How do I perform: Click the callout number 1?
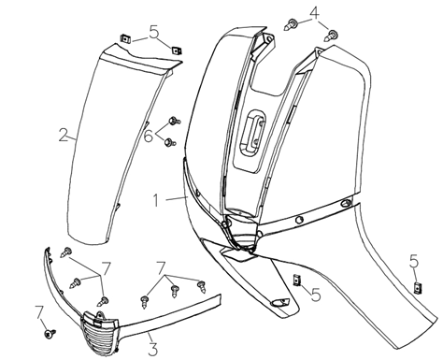pyautogui.click(x=156, y=200)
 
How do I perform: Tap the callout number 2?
pyautogui.click(x=64, y=135)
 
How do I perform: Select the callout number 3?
pyautogui.click(x=152, y=349)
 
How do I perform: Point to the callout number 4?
pyautogui.click(x=315, y=13)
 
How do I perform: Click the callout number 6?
pyautogui.click(x=149, y=136)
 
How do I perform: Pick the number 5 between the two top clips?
pyautogui.click(x=154, y=32)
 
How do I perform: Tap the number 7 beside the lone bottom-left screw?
pyautogui.click(x=39, y=312)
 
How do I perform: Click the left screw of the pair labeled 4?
pyautogui.click(x=291, y=24)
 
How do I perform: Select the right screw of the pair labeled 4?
pyautogui.click(x=332, y=36)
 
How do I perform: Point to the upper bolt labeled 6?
pyautogui.click(x=174, y=121)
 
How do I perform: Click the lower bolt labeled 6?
pyautogui.click(x=169, y=142)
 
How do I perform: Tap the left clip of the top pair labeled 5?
pyautogui.click(x=125, y=39)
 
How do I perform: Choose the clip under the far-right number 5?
pyautogui.click(x=417, y=287)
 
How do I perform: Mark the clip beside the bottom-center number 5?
pyautogui.click(x=297, y=280)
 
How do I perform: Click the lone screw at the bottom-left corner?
pyautogui.click(x=50, y=334)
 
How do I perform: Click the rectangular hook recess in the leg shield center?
pyautogui.click(x=252, y=132)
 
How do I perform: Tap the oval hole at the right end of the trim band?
pyautogui.click(x=346, y=204)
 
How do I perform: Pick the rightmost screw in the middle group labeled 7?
pyautogui.click(x=202, y=286)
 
